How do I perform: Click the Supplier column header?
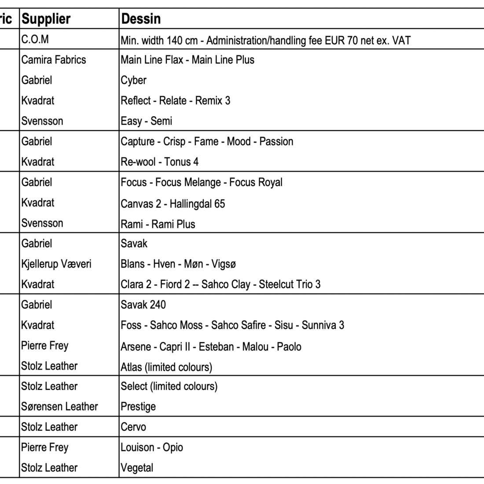46,19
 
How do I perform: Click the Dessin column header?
141,19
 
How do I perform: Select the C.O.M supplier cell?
35,40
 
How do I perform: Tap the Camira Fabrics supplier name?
54,60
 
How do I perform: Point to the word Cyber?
134,81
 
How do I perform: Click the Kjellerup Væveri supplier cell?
56,264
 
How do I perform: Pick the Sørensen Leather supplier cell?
59,407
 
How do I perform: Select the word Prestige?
138,407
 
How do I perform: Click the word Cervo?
133,427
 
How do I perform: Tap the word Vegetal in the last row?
137,468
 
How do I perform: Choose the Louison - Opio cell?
152,447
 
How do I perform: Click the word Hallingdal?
192,204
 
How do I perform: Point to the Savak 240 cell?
143,304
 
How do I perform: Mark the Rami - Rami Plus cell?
158,224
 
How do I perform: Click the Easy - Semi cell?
147,121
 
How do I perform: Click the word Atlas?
131,367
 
